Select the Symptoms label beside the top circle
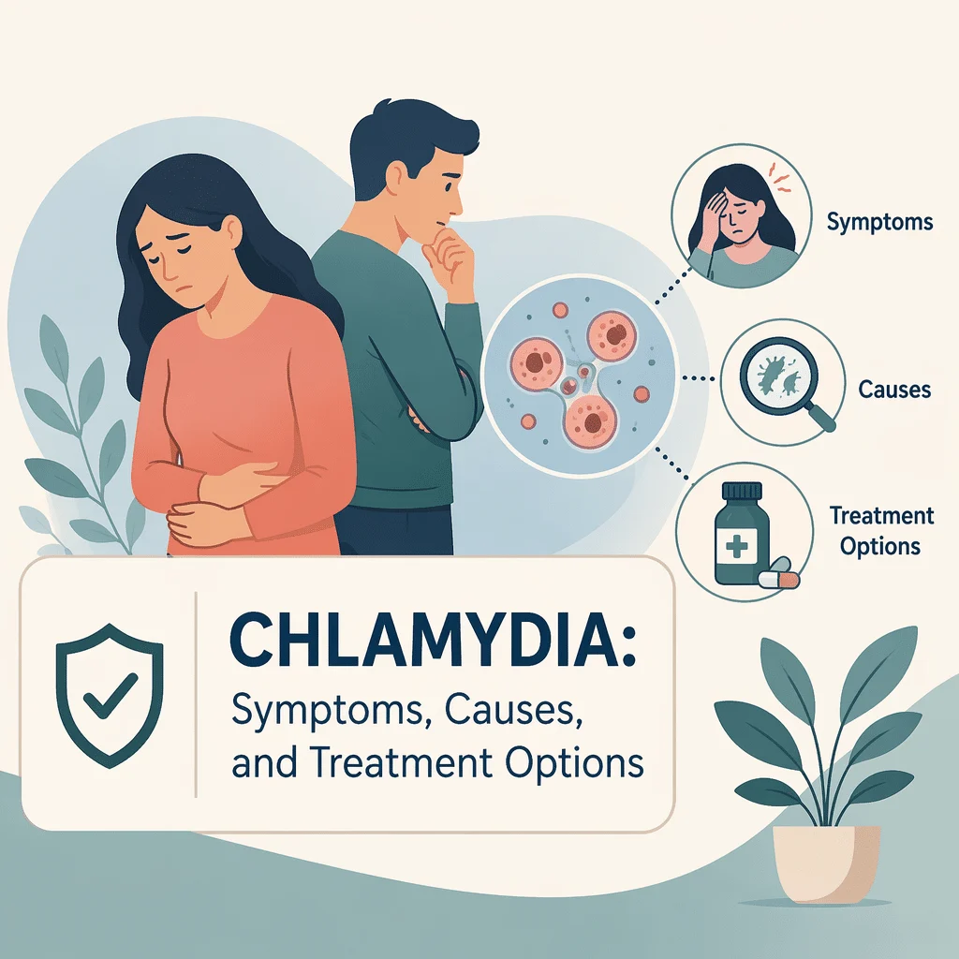click(x=879, y=221)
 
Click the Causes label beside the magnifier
click(x=894, y=389)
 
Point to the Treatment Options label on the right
click(x=881, y=531)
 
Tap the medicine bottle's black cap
click(x=742, y=491)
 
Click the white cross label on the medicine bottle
click(x=736, y=543)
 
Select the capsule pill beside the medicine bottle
click(x=778, y=578)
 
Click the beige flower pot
click(x=826, y=863)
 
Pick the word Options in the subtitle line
click(x=574, y=763)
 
